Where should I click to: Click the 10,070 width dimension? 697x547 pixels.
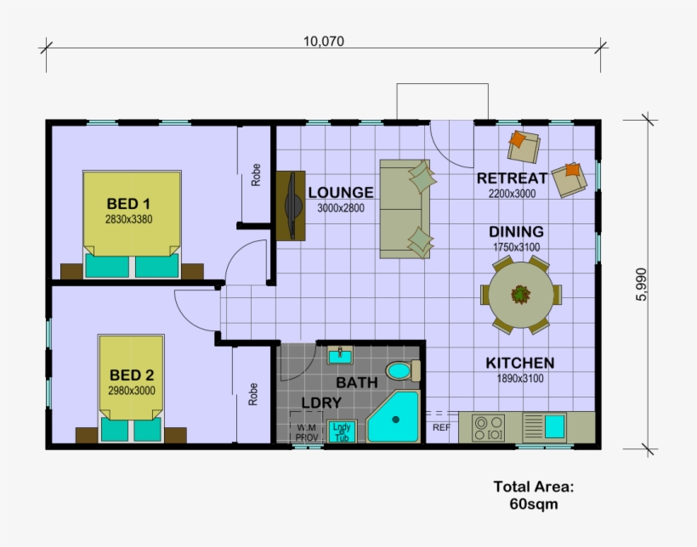pyautogui.click(x=323, y=41)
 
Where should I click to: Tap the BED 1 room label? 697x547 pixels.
pyautogui.click(x=128, y=204)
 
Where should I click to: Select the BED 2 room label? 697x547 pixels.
pyautogui.click(x=131, y=375)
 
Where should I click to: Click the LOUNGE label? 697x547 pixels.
pyautogui.click(x=340, y=192)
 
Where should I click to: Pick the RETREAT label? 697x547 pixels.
pyautogui.click(x=512, y=178)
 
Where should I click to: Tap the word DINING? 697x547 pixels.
pyautogui.click(x=516, y=232)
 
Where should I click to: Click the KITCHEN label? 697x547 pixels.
pyautogui.click(x=519, y=363)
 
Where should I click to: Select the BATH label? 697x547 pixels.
pyautogui.click(x=357, y=382)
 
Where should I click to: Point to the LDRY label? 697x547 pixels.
pyautogui.click(x=320, y=403)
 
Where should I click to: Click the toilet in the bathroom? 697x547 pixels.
pyautogui.click(x=402, y=370)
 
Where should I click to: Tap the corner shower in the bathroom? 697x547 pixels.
pyautogui.click(x=394, y=418)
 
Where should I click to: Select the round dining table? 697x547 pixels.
pyautogui.click(x=519, y=295)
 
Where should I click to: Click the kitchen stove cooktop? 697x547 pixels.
pyautogui.click(x=489, y=427)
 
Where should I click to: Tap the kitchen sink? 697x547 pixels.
pyautogui.click(x=556, y=425)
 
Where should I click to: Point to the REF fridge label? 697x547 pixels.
pyautogui.click(x=441, y=427)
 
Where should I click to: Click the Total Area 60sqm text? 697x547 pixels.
pyautogui.click(x=534, y=495)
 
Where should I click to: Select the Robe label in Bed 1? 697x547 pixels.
pyautogui.click(x=255, y=174)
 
